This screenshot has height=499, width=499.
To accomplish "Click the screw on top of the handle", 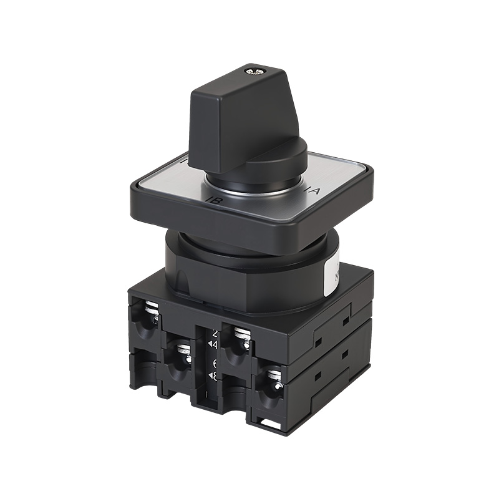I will (254, 72).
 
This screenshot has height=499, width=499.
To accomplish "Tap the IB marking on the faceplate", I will (211, 200).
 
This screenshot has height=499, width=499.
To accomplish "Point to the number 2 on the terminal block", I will (216, 332).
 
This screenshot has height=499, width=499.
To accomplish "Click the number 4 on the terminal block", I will (215, 344).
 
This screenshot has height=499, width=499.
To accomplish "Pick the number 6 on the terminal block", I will (215, 364).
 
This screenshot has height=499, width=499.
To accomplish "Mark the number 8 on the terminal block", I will (215, 375).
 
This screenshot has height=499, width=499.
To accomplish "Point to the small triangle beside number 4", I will (209, 344).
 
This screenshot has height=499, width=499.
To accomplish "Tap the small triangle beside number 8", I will (209, 375).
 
